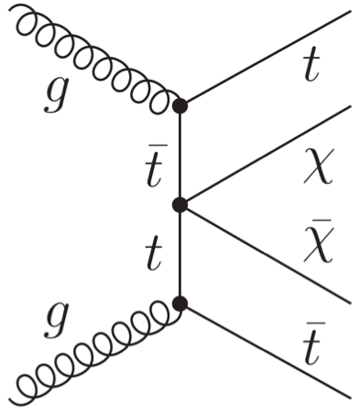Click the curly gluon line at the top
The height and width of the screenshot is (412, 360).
(92, 60)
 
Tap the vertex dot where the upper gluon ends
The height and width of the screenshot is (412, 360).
(180, 105)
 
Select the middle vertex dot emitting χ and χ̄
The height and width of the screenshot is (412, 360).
(180, 204)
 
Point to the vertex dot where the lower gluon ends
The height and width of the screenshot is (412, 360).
(180, 303)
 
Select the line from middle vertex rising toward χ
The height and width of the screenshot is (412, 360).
(266, 156)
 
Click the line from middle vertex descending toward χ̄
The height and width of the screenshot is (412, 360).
(266, 253)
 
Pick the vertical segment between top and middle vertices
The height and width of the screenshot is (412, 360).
(180, 155)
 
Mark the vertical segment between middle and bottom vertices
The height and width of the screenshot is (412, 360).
(180, 254)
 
